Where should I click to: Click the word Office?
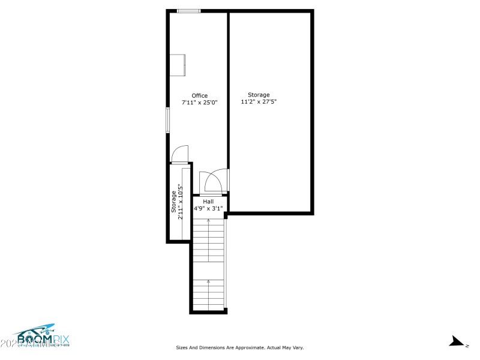[200, 95]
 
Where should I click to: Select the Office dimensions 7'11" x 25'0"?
[200, 103]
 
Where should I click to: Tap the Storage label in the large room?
[259, 95]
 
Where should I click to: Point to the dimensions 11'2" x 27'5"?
[259, 102]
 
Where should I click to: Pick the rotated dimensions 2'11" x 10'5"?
[181, 202]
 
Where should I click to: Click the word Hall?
[208, 202]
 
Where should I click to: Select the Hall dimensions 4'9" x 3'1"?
[208, 209]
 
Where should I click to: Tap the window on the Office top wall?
[189, 10]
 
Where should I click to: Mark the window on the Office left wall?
[168, 120]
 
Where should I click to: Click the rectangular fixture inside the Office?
[178, 65]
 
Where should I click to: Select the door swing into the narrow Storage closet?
[180, 155]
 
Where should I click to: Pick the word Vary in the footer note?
[297, 347]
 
